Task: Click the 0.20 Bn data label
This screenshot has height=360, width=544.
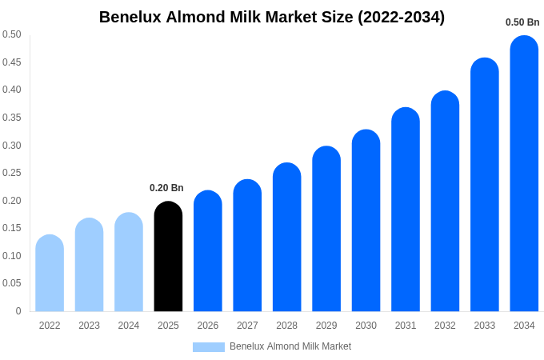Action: [166, 188]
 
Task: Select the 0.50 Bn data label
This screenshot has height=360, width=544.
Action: [522, 22]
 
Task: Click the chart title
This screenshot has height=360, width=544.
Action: [272, 17]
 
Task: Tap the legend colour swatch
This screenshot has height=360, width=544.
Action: [208, 347]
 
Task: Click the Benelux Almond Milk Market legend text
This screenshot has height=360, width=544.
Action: [290, 346]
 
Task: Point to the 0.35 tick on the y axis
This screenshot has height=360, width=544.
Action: [12, 118]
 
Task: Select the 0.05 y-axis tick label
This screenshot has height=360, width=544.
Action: [12, 283]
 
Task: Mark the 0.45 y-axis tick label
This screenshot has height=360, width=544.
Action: [12, 62]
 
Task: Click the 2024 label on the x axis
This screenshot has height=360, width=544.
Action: [129, 326]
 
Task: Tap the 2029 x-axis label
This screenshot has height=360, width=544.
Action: [326, 326]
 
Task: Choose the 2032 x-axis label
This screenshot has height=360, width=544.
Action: [445, 326]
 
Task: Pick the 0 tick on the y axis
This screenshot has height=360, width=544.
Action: [18, 311]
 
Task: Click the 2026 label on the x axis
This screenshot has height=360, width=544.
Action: [208, 326]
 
